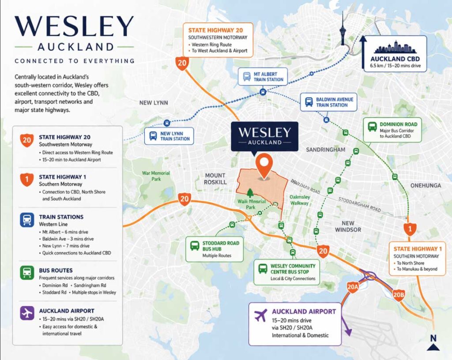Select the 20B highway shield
point(399,295)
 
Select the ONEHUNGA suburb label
point(426,185)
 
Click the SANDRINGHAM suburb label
point(326,150)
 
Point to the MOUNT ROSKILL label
point(215,179)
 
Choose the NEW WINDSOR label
point(348,226)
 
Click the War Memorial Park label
point(156,176)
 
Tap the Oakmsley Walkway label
point(300,200)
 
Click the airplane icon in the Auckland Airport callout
point(261,315)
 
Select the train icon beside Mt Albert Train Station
point(246,77)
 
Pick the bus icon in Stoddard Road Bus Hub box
point(194,246)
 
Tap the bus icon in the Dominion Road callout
point(372,127)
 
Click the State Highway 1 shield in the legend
point(27,180)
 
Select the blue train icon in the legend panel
point(27,220)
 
